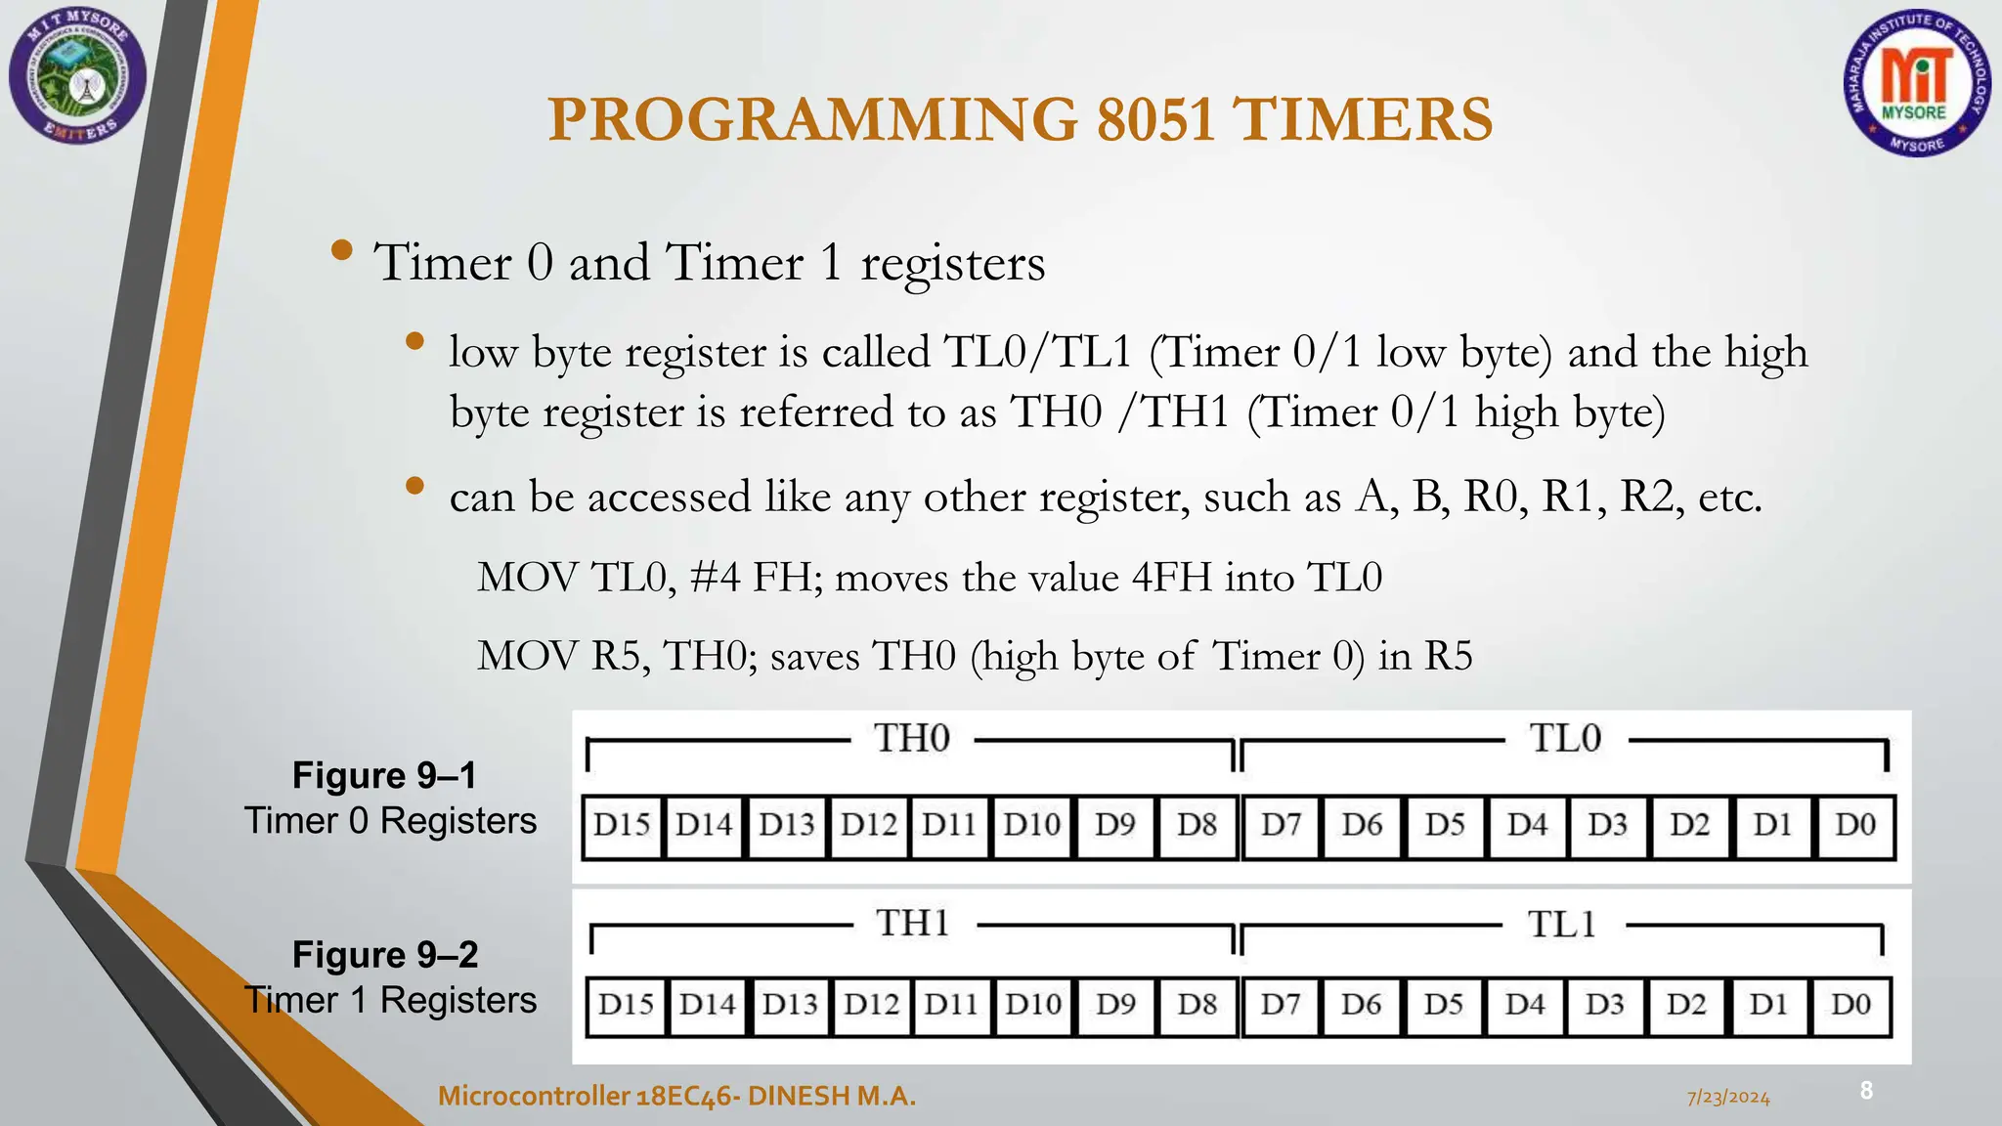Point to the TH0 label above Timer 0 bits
click(x=911, y=738)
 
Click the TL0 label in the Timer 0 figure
click(x=1565, y=738)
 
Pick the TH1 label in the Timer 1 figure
click(x=912, y=923)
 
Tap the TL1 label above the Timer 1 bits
click(x=1562, y=924)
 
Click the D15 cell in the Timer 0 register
click(x=622, y=825)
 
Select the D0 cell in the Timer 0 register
click(x=1854, y=825)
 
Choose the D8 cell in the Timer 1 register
click(x=1197, y=1005)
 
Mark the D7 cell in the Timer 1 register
click(x=1280, y=1005)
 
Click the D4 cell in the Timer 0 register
click(x=1526, y=825)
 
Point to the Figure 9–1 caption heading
click(x=384, y=775)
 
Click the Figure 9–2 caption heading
click(x=385, y=954)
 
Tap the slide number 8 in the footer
click(x=1866, y=1090)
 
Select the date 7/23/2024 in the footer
click(x=1728, y=1098)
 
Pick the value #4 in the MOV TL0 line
click(x=715, y=578)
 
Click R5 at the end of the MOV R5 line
click(x=1448, y=656)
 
